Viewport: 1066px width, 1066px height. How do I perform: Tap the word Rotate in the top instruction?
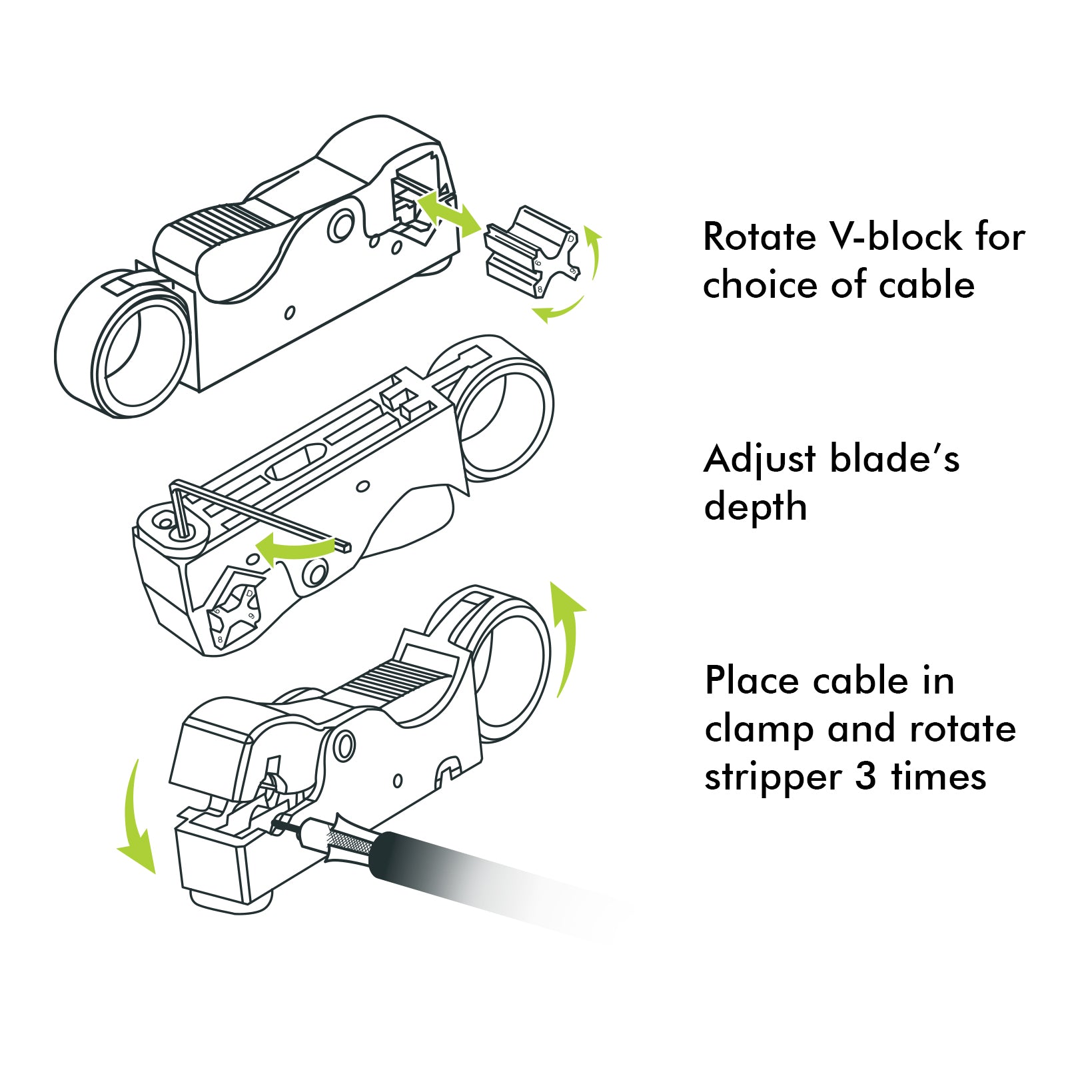[760, 237]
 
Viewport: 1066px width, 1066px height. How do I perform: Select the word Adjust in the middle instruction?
[760, 460]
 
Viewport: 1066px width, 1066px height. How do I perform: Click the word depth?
[756, 508]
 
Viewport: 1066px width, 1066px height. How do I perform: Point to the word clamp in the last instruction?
[760, 730]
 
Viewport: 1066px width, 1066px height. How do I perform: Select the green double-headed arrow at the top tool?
[448, 212]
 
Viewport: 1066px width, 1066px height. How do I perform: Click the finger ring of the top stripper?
[127, 346]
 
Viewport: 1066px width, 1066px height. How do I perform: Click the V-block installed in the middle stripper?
[233, 613]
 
